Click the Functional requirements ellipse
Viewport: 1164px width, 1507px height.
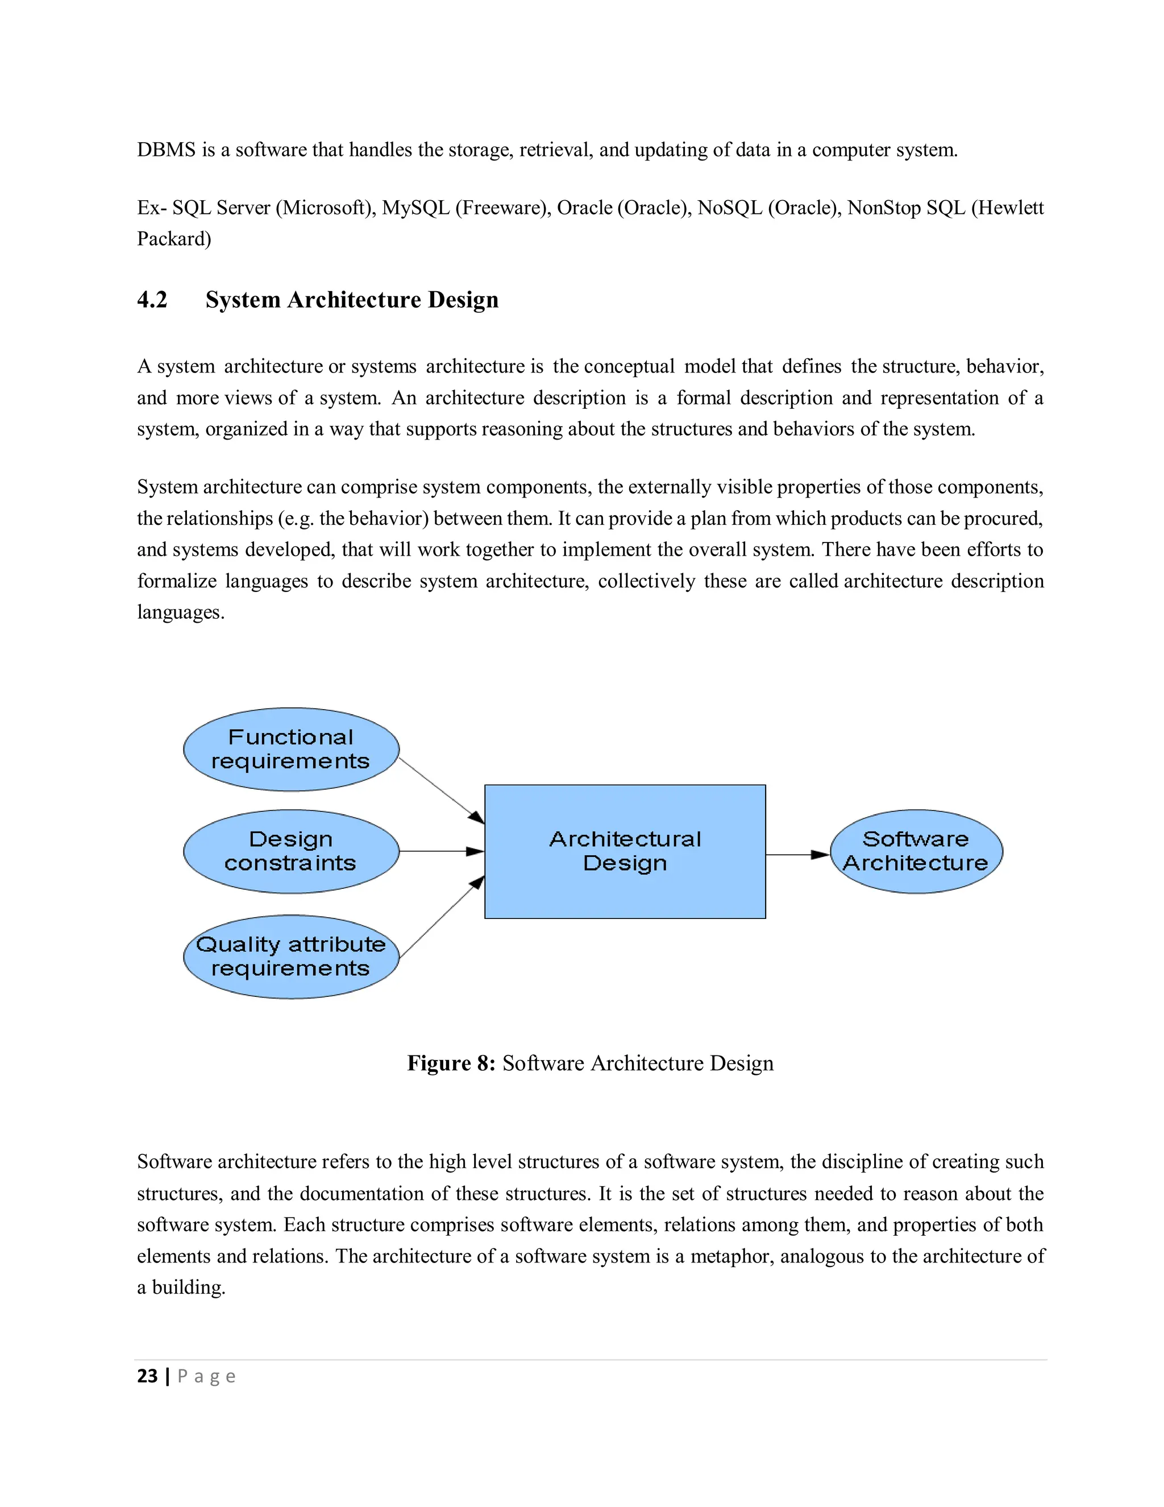pos(291,750)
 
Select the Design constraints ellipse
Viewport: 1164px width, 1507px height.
pos(291,851)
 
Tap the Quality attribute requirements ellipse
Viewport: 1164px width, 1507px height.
pos(291,957)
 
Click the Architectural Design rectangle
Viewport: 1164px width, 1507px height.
pos(625,851)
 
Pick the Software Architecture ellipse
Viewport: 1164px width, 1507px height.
pos(916,851)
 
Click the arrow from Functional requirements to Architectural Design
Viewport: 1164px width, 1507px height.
pos(441,790)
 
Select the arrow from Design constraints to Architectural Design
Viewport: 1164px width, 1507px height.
pos(441,851)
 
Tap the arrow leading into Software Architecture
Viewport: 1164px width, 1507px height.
pos(797,855)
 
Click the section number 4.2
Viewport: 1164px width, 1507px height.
pos(152,300)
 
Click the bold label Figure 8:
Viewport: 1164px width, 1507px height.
pos(451,1063)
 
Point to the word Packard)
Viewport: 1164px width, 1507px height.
pos(174,239)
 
